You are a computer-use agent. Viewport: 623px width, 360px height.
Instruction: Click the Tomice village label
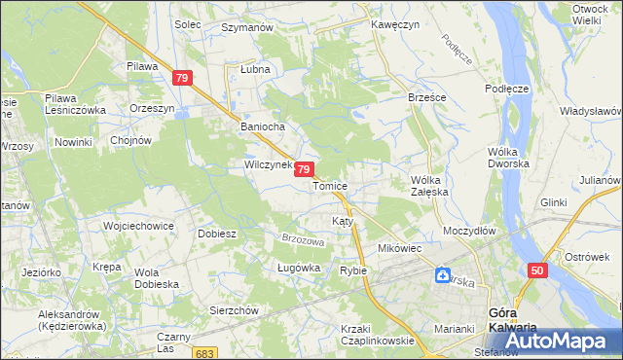tap(330, 186)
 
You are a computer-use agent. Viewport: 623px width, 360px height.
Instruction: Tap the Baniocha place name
tap(262, 126)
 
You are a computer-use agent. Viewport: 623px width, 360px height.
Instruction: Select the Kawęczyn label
tap(394, 25)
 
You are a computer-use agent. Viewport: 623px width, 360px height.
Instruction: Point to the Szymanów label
tap(246, 28)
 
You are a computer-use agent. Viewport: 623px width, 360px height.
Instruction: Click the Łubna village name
tap(254, 71)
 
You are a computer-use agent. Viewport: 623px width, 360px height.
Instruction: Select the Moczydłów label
tap(469, 232)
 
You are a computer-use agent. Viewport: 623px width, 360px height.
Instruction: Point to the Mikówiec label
tap(399, 249)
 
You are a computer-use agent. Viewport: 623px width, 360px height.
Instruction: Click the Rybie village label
tap(352, 270)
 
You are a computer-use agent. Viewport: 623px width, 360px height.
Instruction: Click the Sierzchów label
tap(234, 310)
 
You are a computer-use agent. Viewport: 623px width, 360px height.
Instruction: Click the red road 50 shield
tap(537, 270)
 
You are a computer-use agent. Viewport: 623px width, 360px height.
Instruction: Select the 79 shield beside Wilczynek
tap(305, 169)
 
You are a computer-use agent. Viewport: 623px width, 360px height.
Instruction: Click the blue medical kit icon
tap(443, 276)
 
